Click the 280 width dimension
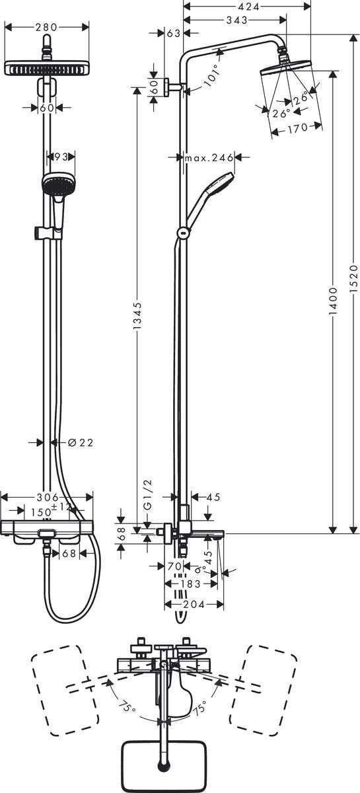coord(46,27)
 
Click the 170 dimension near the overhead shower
coord(297,129)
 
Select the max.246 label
coord(209,157)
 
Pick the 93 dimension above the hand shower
coord(61,157)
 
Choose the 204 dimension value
coord(194,604)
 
